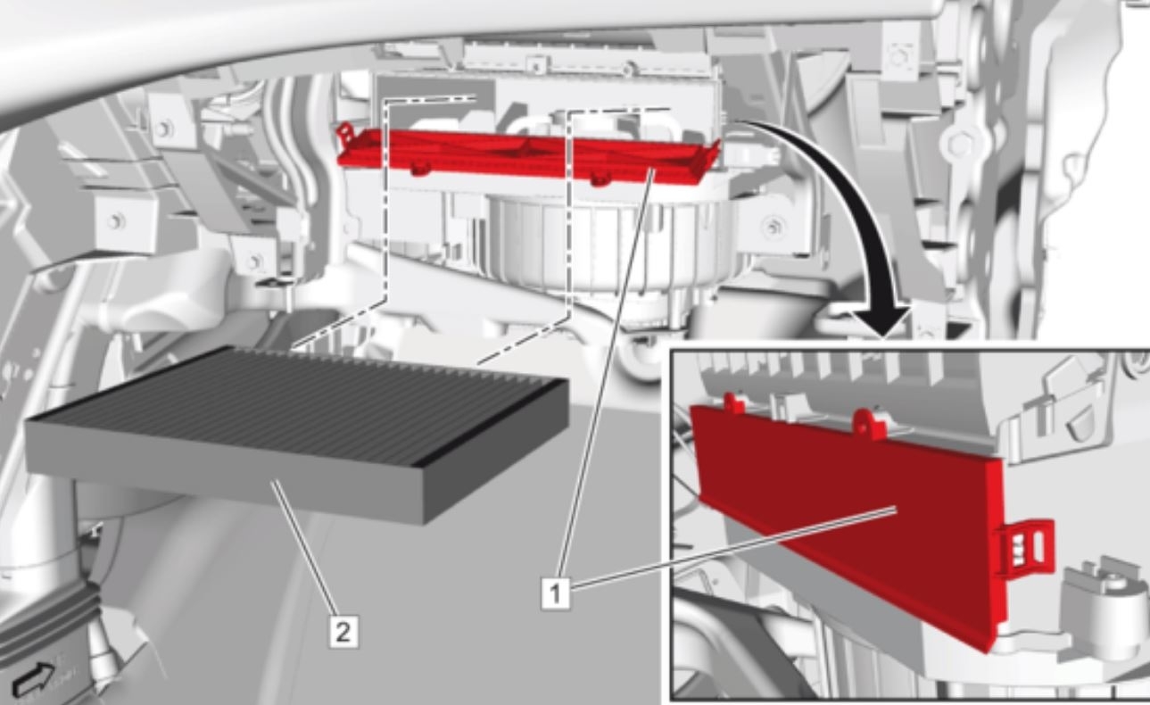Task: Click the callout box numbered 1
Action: tap(555, 593)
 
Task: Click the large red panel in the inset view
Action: tap(848, 518)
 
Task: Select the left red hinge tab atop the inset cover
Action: tap(733, 403)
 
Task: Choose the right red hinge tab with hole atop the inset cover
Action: tap(865, 421)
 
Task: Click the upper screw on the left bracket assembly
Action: tap(162, 127)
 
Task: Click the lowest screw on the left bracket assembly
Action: tap(256, 261)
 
